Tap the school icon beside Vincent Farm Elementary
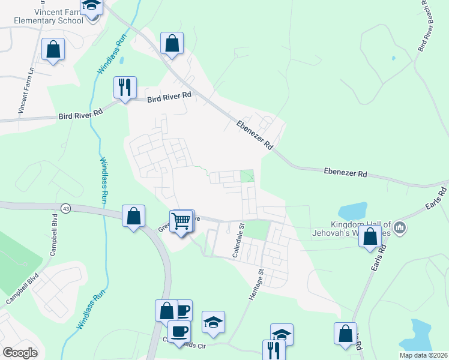click(x=92, y=7)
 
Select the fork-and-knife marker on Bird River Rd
click(x=125, y=88)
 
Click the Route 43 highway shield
click(x=65, y=208)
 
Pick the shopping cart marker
click(x=181, y=221)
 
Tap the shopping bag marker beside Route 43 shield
click(x=133, y=216)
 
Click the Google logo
click(x=20, y=353)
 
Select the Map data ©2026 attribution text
click(x=423, y=355)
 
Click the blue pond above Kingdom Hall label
click(x=352, y=211)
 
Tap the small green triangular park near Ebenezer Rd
click(x=247, y=176)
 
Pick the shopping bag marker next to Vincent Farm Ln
click(x=53, y=50)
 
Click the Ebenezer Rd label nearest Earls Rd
click(x=345, y=172)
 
